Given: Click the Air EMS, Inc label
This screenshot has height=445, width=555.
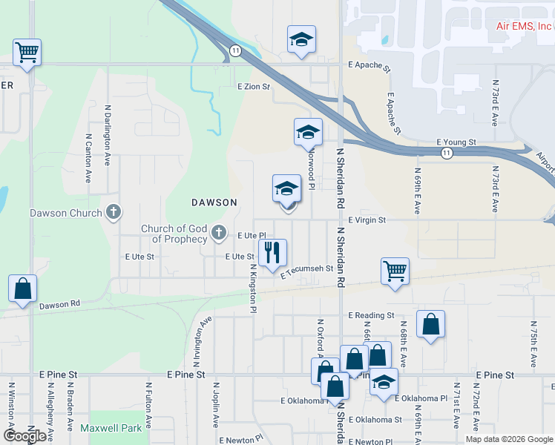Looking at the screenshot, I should click(525, 26).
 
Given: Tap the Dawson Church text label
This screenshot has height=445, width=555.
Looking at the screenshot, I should click(65, 214).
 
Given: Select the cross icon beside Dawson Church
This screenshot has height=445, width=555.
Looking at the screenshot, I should click(113, 214).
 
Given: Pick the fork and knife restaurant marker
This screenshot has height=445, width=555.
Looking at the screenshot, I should click(272, 252).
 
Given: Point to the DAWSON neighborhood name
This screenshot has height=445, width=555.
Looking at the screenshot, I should click(214, 202).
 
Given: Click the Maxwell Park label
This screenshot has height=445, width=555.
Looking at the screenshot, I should click(111, 428).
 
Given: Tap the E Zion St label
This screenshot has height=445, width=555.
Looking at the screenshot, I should click(254, 87).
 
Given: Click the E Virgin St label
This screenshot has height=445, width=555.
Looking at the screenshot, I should click(367, 220).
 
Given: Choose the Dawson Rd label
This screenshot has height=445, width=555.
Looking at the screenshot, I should click(59, 305).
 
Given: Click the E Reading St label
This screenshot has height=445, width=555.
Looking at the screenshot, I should click(370, 315).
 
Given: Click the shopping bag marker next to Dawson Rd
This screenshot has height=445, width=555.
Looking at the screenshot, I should click(22, 289).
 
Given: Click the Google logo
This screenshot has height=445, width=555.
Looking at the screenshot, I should click(24, 436).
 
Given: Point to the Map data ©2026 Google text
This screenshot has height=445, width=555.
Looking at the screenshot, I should click(509, 439).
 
